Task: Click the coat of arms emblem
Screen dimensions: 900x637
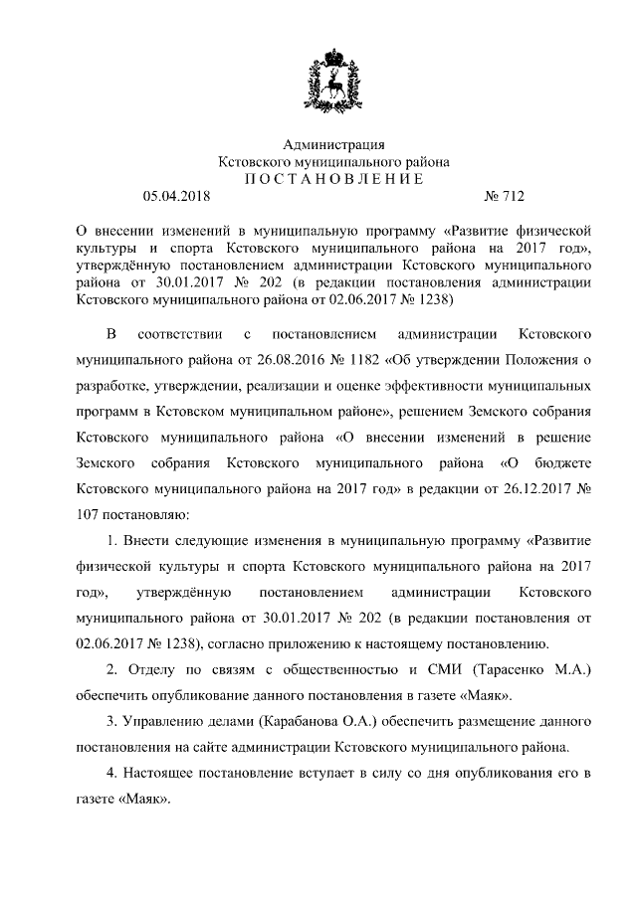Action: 334,74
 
